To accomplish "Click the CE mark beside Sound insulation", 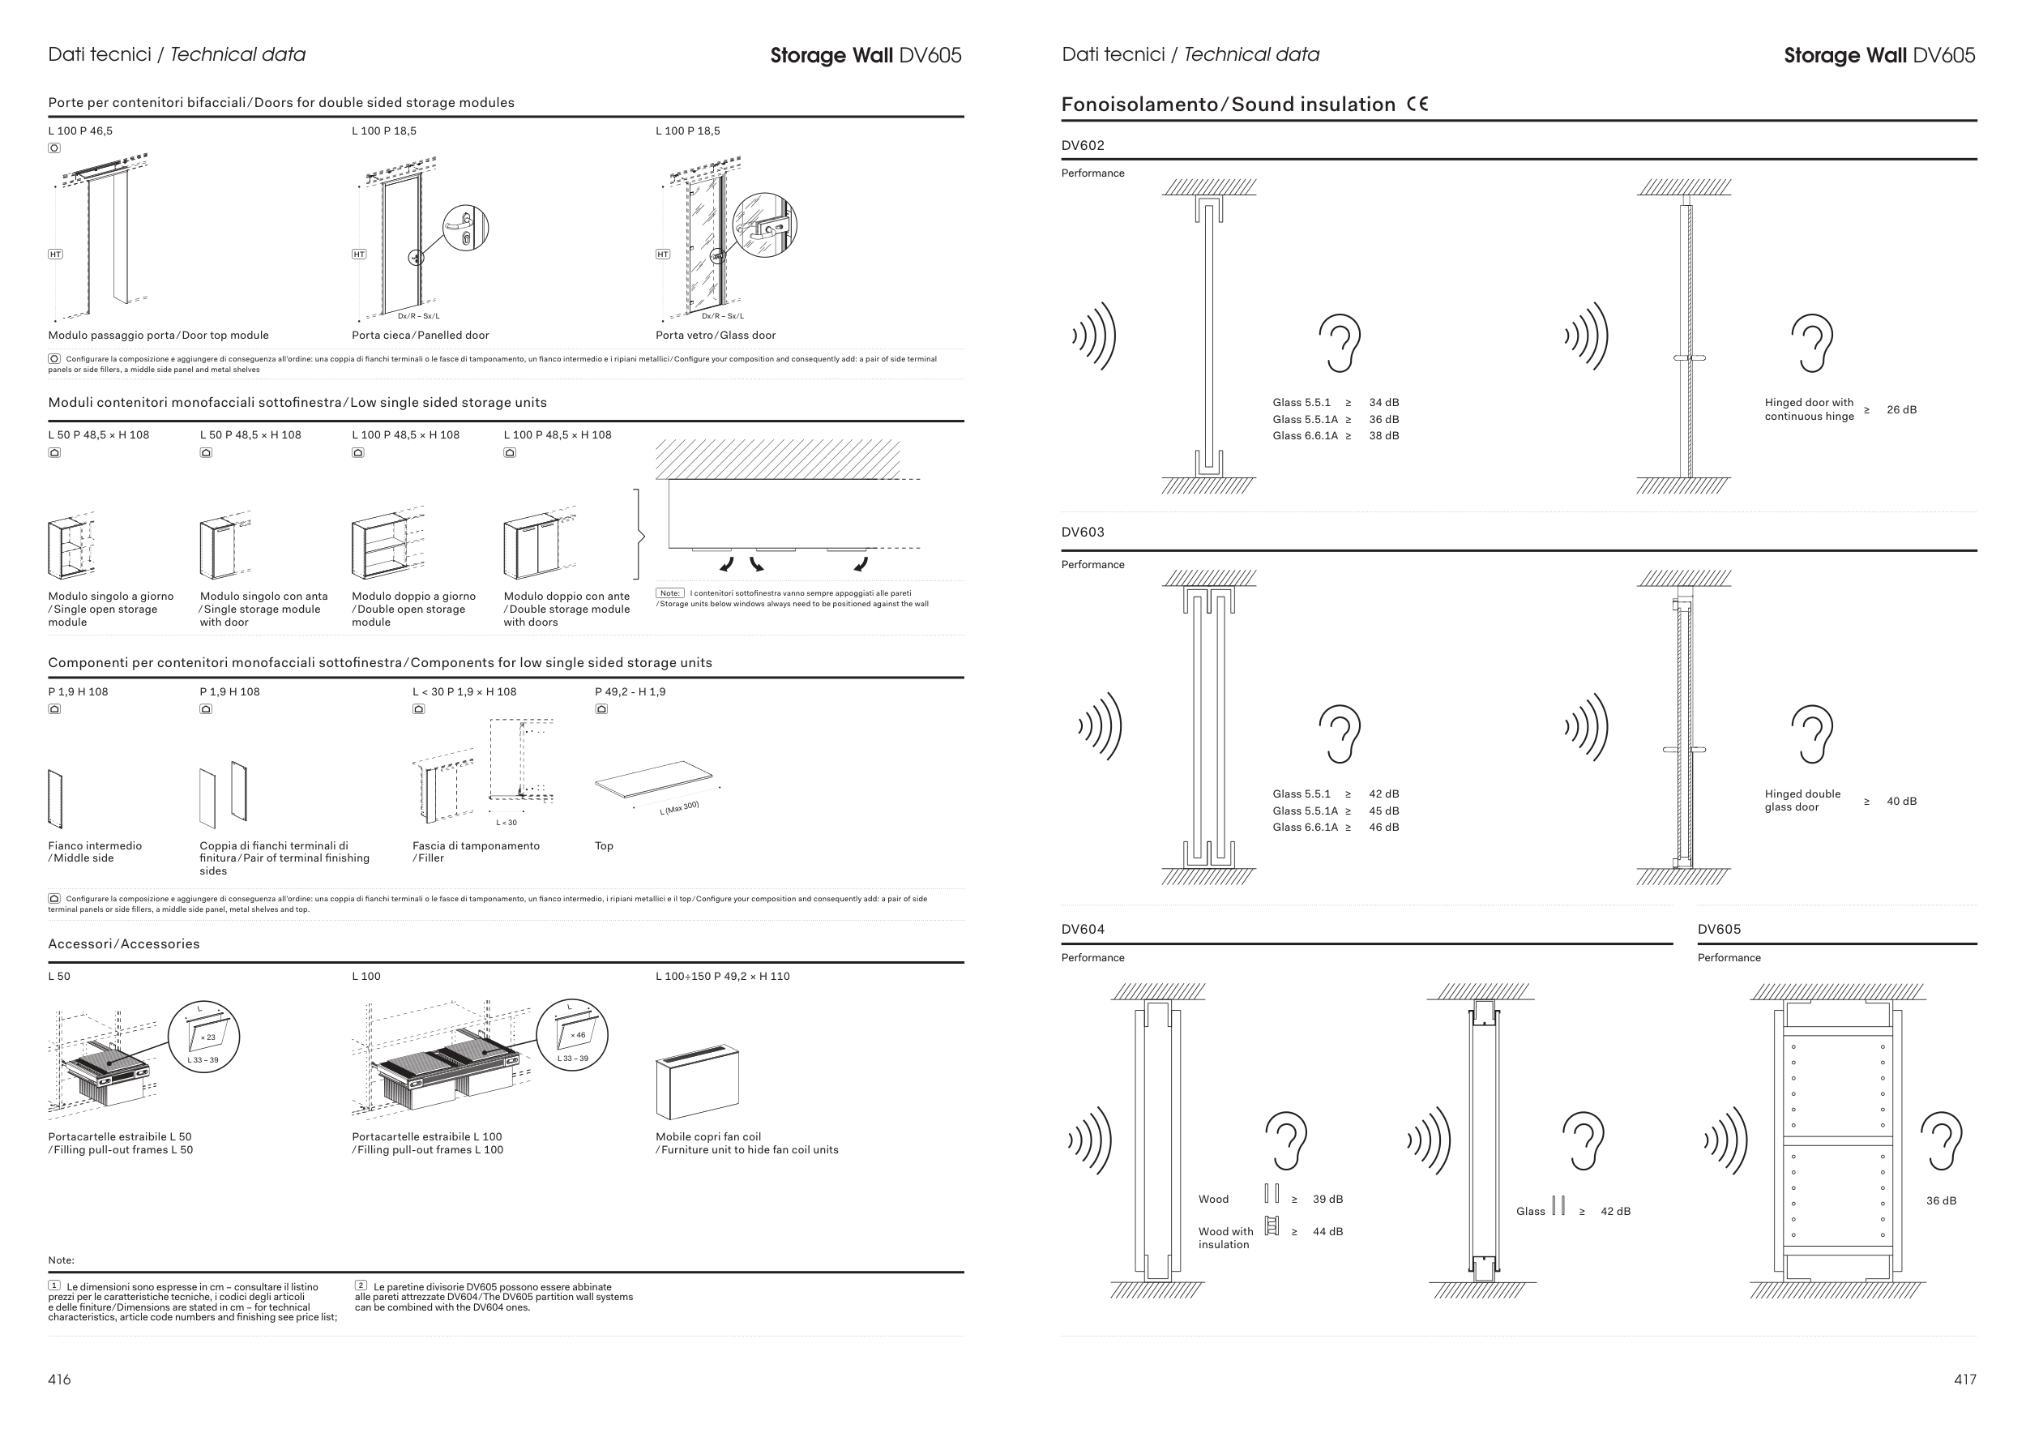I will tap(1417, 104).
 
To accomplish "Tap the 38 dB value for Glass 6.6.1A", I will tap(1383, 436).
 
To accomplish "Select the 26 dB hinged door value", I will tap(1900, 410).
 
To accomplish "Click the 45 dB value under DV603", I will tap(1383, 811).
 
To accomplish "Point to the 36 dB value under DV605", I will tap(1940, 1201).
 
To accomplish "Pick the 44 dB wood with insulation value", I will tap(1327, 1232).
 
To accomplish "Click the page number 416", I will tap(59, 1380).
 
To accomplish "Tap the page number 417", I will tap(1964, 1380).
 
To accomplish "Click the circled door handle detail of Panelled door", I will tap(465, 228).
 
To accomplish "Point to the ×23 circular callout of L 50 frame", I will tap(204, 1037).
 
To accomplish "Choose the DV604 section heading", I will tap(1083, 929).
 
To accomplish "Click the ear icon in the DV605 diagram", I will tap(1940, 1141).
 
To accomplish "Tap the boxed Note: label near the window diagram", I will tap(669, 593).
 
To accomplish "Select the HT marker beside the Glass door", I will tap(663, 255).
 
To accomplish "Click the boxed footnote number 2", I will tap(361, 1285).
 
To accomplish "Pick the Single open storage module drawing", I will tap(71, 547).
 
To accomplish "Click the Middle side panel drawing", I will tap(56, 798).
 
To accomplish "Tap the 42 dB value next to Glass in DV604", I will tap(1615, 1212).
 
